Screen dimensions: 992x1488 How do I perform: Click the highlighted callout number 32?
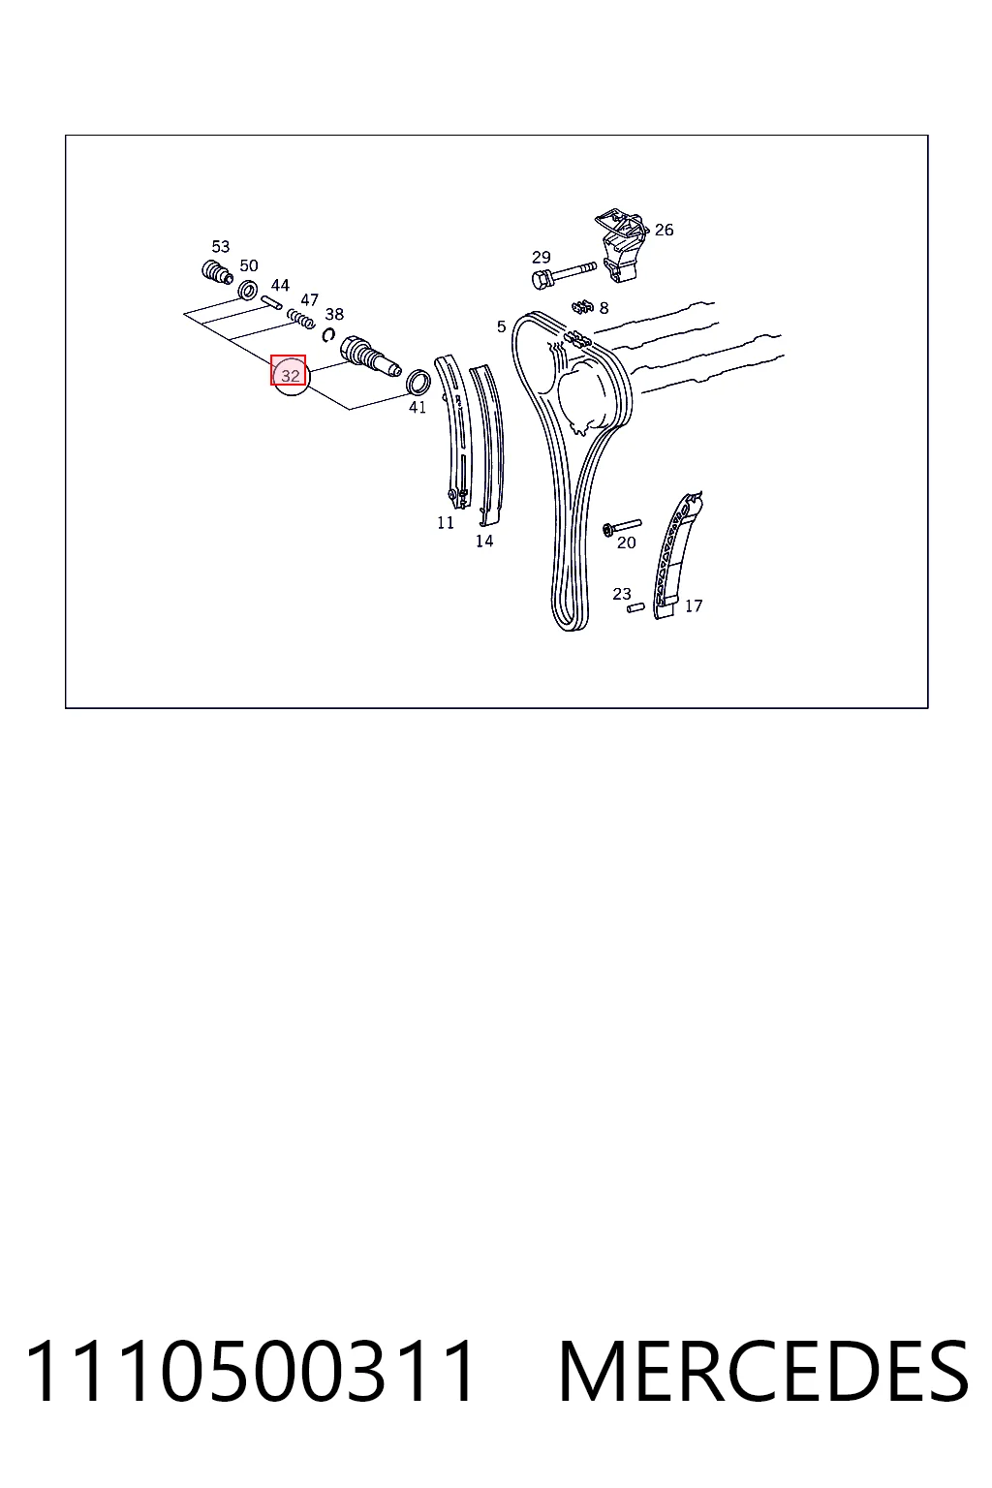(291, 375)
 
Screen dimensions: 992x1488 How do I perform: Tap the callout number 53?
(221, 246)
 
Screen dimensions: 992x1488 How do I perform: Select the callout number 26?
(664, 230)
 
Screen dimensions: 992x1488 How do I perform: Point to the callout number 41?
(418, 407)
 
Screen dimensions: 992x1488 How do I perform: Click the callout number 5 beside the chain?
(501, 326)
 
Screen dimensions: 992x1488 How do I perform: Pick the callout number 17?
(693, 605)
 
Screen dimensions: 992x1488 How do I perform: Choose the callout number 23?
(622, 593)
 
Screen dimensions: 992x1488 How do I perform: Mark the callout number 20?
(627, 542)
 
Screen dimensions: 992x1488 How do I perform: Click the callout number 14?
(484, 542)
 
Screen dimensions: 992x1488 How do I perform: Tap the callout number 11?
(446, 523)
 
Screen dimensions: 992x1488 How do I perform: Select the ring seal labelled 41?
(418, 382)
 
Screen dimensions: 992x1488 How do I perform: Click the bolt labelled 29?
(564, 274)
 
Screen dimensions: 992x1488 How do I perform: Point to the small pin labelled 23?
(635, 607)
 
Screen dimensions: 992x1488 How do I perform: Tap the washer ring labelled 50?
(248, 290)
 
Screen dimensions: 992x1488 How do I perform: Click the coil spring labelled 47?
(300, 318)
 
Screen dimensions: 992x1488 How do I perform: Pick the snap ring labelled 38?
(327, 335)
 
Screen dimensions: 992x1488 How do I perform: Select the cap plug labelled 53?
(216, 271)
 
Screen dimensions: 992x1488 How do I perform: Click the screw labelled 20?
(622, 526)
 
